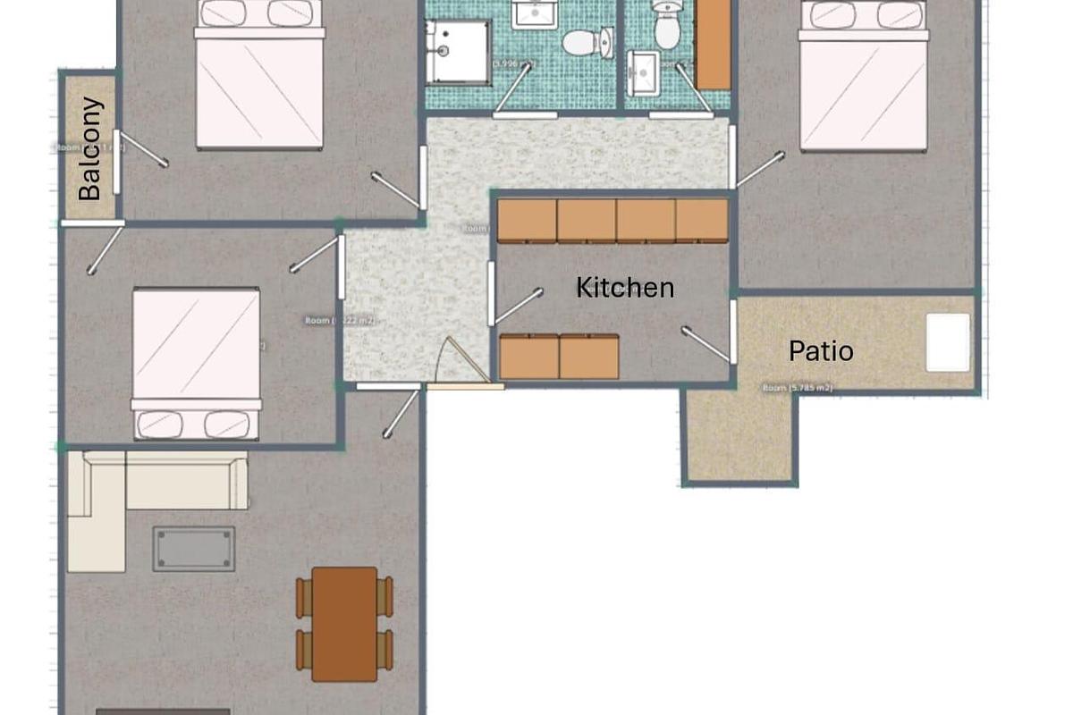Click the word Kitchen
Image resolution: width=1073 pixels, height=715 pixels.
[x=624, y=288]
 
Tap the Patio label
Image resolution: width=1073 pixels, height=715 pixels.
[x=820, y=351]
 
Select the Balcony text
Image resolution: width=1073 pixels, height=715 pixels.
[x=90, y=148]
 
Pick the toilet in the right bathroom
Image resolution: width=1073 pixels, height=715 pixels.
[x=666, y=27]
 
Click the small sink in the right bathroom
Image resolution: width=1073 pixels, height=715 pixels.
[x=644, y=71]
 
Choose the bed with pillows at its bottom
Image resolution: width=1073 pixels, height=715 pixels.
[x=196, y=362]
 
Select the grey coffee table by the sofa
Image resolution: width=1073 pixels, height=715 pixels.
[x=194, y=548]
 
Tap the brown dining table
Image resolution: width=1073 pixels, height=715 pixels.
[x=344, y=623]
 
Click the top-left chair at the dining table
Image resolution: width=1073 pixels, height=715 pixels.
[x=303, y=596]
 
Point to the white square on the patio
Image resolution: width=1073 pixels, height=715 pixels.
[x=947, y=342]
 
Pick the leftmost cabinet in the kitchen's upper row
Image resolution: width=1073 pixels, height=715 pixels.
[x=527, y=220]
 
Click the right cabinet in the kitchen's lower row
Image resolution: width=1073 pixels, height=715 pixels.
[x=588, y=357]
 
